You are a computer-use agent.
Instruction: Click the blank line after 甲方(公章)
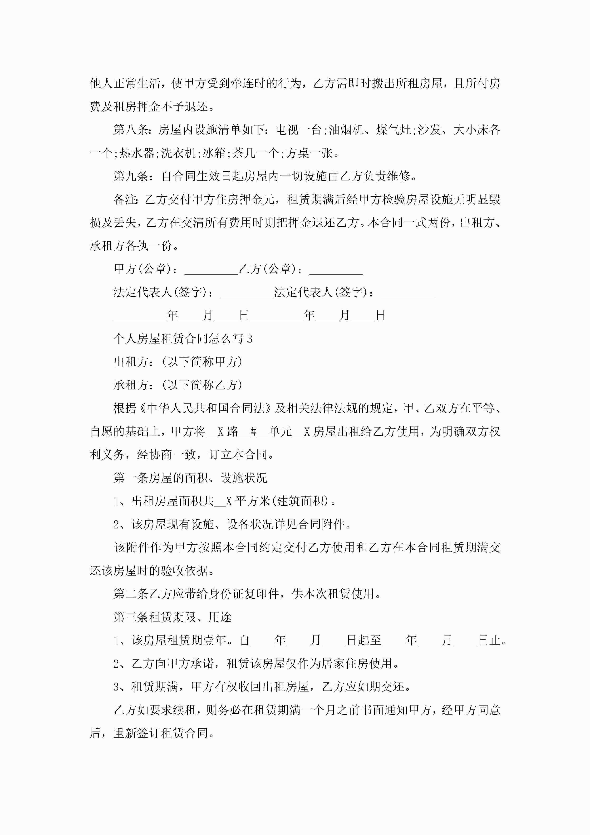pos(211,269)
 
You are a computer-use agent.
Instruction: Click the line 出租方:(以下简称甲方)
pos(178,362)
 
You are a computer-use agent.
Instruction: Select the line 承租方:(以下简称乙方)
pos(178,385)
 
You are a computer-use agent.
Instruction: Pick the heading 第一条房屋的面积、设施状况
pos(190,478)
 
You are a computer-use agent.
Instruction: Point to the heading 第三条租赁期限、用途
pos(172,617)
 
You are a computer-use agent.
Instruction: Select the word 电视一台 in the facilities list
pos(299,130)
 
